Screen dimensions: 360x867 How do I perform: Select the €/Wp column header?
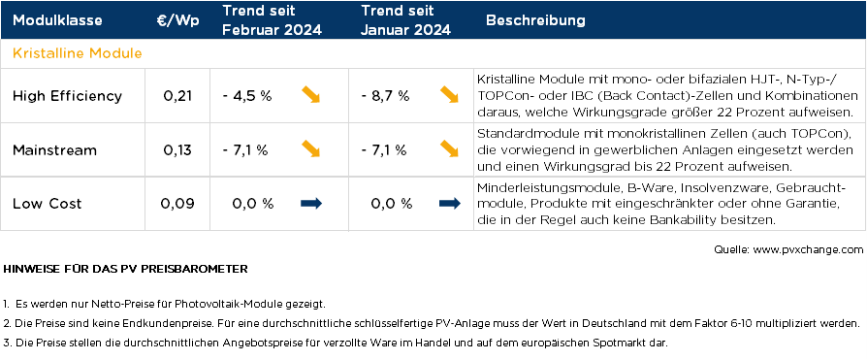pos(177,20)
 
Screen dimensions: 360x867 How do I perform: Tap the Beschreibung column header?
pos(535,20)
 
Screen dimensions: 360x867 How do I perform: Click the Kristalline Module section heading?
pos(78,52)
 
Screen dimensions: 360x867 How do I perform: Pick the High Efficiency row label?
pos(67,96)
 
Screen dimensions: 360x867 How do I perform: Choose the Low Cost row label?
pos(47,203)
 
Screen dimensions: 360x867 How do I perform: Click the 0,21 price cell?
pos(177,96)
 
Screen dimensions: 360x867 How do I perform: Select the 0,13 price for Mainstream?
pos(177,149)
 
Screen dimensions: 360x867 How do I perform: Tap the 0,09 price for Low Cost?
pos(177,203)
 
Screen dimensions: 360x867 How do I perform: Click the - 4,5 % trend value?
pos(247,96)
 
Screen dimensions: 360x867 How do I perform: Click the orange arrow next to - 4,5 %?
pos(310,95)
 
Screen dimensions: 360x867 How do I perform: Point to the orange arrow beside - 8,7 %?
pos(449,95)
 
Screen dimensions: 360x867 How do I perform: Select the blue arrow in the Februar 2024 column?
pos(311,203)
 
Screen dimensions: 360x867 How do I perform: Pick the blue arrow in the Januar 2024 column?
pos(449,203)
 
